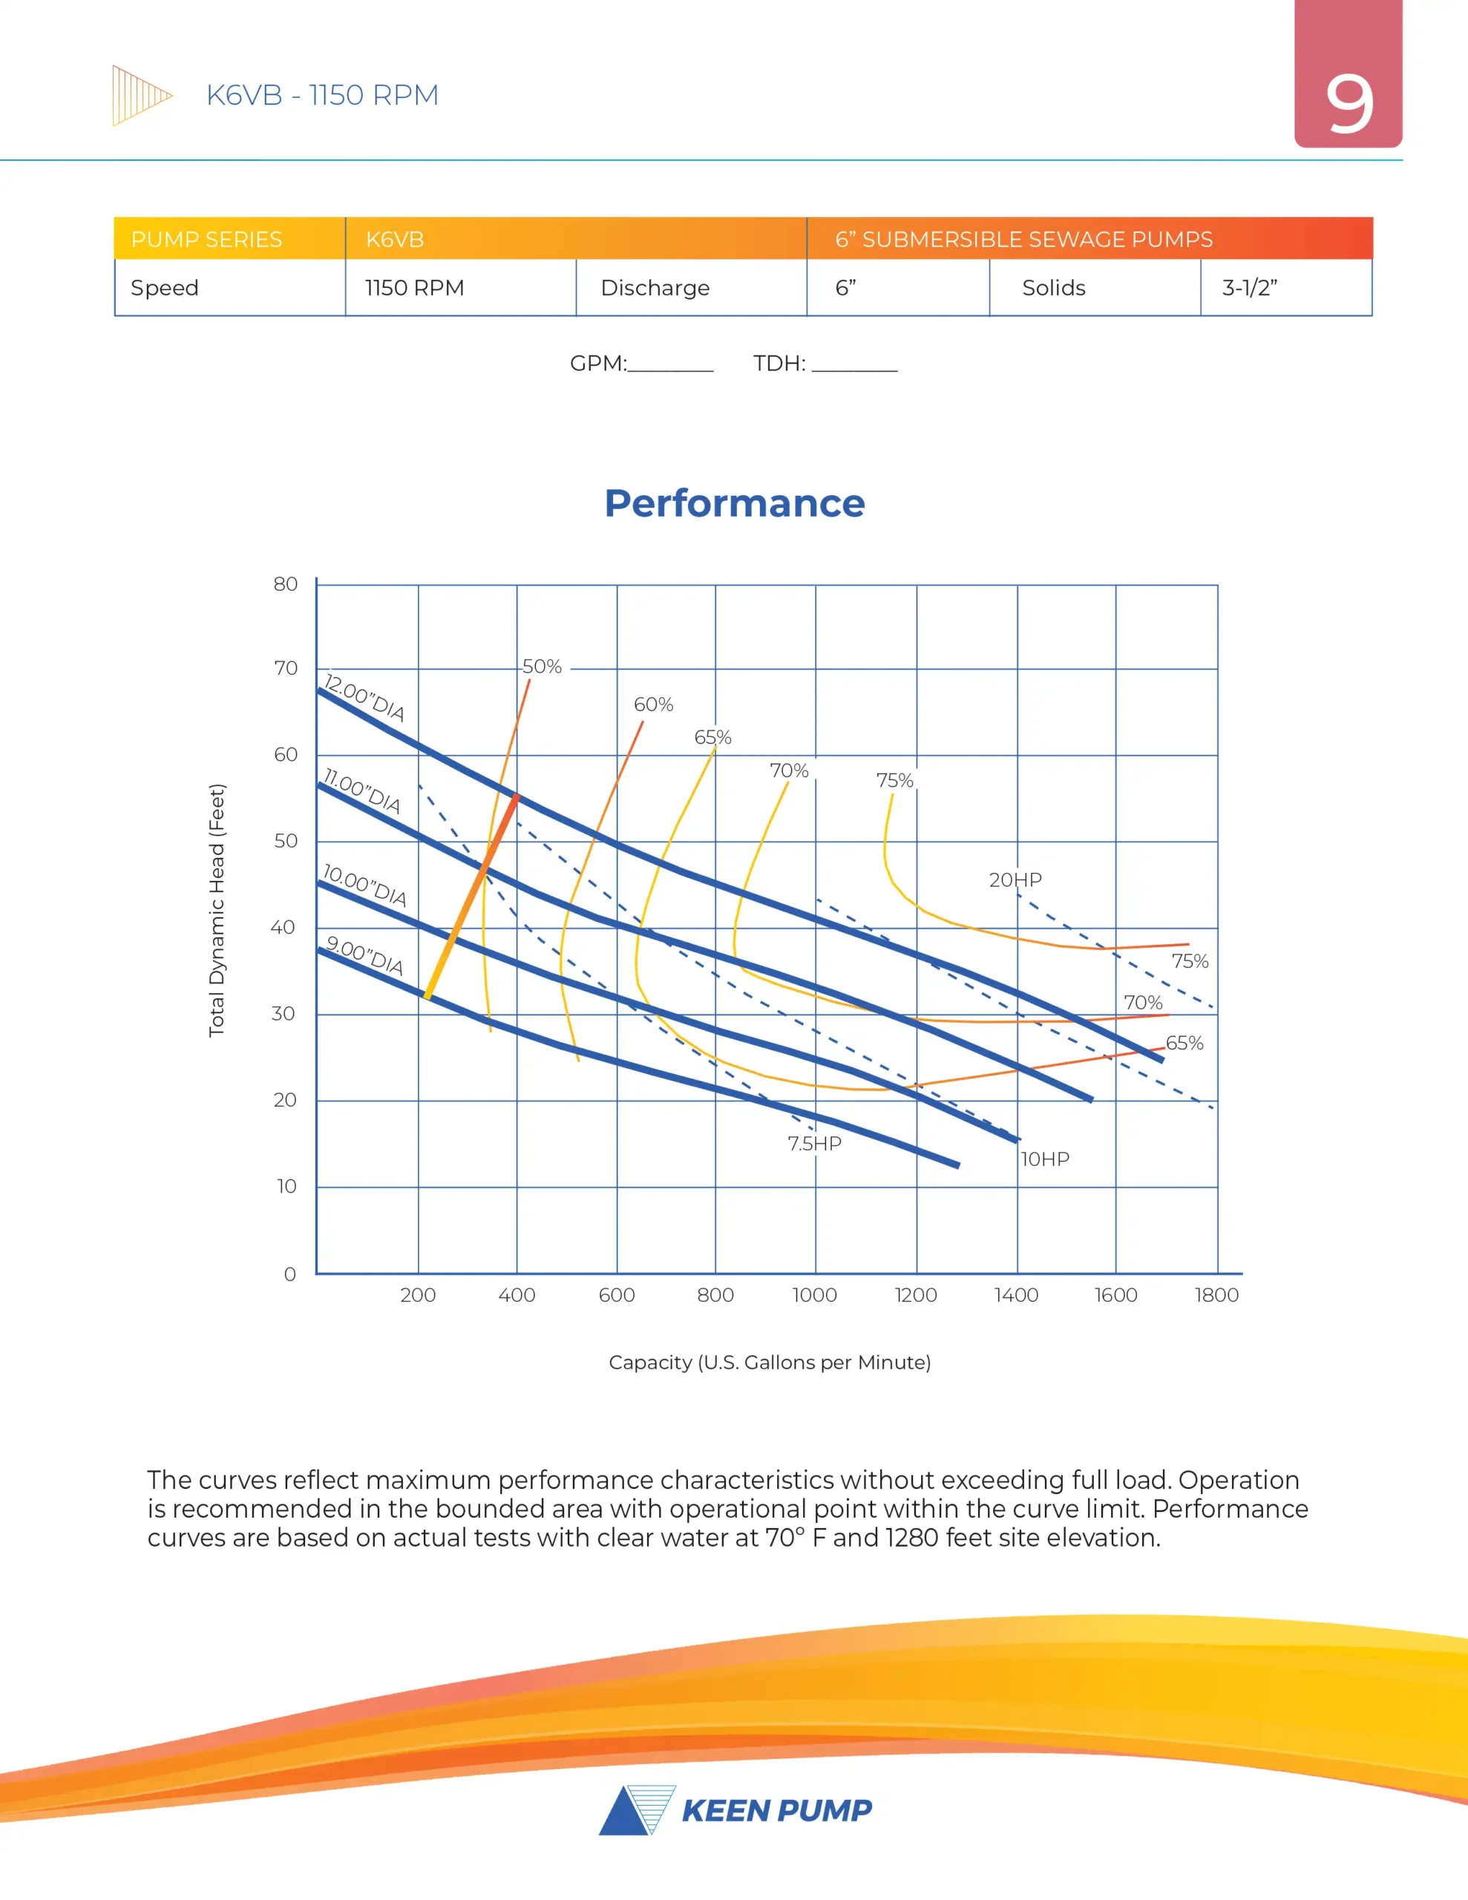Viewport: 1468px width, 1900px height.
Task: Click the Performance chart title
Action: (x=735, y=504)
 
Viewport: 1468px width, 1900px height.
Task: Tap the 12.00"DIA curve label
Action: (x=364, y=698)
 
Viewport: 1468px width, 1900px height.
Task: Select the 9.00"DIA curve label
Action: (x=364, y=955)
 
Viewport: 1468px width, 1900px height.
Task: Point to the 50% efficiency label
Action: (x=541, y=666)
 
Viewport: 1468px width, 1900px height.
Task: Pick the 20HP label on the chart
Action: (x=1015, y=879)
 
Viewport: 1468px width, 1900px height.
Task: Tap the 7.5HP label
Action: (x=814, y=1143)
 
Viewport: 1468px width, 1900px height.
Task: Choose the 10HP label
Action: (x=1044, y=1159)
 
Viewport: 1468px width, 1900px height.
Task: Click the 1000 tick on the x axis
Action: (x=814, y=1294)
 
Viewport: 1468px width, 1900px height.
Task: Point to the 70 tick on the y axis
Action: (x=286, y=668)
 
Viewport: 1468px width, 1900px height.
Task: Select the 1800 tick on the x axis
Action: (x=1216, y=1294)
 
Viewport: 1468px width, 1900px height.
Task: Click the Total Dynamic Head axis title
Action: (x=217, y=910)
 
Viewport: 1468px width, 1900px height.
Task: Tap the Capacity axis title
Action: (x=769, y=1363)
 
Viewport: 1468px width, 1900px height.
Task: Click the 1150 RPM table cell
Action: (x=415, y=288)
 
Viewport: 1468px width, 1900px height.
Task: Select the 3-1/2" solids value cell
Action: (x=1250, y=288)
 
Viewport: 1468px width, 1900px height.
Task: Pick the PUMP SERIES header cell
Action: (x=207, y=239)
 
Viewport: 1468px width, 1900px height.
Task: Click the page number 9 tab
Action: (x=1348, y=102)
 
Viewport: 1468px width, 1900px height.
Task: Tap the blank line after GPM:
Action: (x=670, y=365)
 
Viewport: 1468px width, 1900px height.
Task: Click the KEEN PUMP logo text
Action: (x=776, y=1810)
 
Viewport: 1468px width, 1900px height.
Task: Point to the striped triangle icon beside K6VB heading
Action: (x=140, y=95)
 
